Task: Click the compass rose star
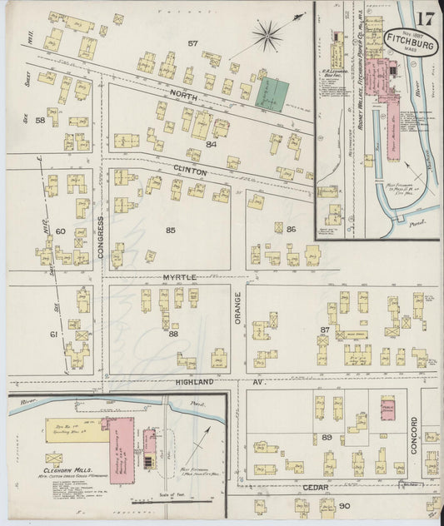(268, 34)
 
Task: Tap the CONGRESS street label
(100, 237)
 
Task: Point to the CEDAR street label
(321, 488)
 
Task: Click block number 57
(192, 43)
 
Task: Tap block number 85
(172, 230)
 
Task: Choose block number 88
(173, 334)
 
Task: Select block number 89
(327, 436)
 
